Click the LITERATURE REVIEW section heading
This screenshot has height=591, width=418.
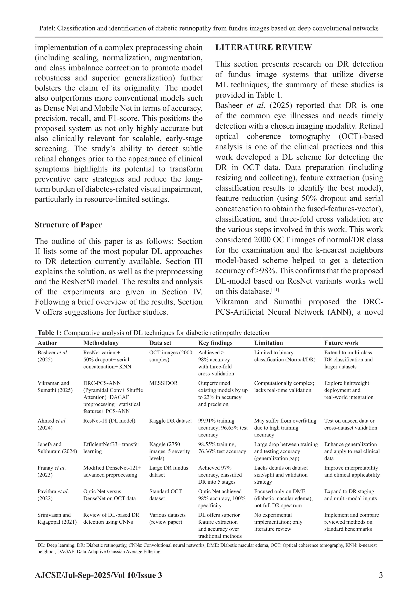pos(263,48)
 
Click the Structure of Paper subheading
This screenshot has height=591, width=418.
pos(68,225)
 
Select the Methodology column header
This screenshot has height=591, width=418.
pos(101,343)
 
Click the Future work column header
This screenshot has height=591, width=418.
pos(341,343)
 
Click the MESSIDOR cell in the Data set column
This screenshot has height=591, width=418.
pos(163,383)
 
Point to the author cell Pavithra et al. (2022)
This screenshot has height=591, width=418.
pos(53,495)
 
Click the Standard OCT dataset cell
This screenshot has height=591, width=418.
pos(165,495)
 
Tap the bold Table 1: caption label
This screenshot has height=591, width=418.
pos(49,333)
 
